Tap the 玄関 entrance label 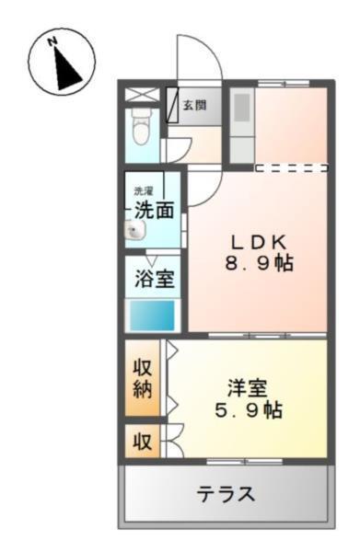click(x=194, y=105)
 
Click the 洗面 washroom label click(x=154, y=211)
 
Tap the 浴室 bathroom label click(x=154, y=280)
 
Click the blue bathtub click(x=151, y=318)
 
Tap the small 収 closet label click(x=142, y=441)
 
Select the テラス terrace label click(x=225, y=494)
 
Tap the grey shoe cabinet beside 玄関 click(x=173, y=105)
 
